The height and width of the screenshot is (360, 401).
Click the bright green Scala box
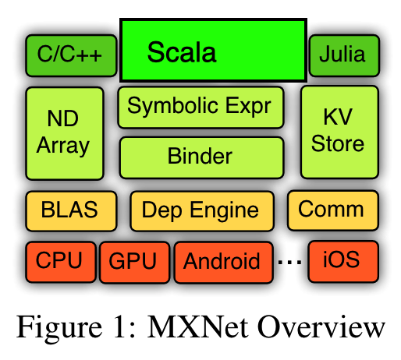click(212, 51)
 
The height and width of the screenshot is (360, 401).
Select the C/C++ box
click(70, 55)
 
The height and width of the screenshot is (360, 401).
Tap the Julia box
click(343, 55)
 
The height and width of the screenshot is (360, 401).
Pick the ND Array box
click(65, 132)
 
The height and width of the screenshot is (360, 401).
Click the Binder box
click(200, 157)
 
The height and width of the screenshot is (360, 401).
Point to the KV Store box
click(339, 131)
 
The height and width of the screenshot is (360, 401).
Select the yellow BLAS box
click(70, 210)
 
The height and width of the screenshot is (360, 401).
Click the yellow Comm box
click(332, 209)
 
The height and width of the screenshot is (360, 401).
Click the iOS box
click(342, 259)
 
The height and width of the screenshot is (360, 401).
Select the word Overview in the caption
click(323, 325)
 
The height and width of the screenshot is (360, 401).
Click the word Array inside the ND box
click(65, 145)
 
